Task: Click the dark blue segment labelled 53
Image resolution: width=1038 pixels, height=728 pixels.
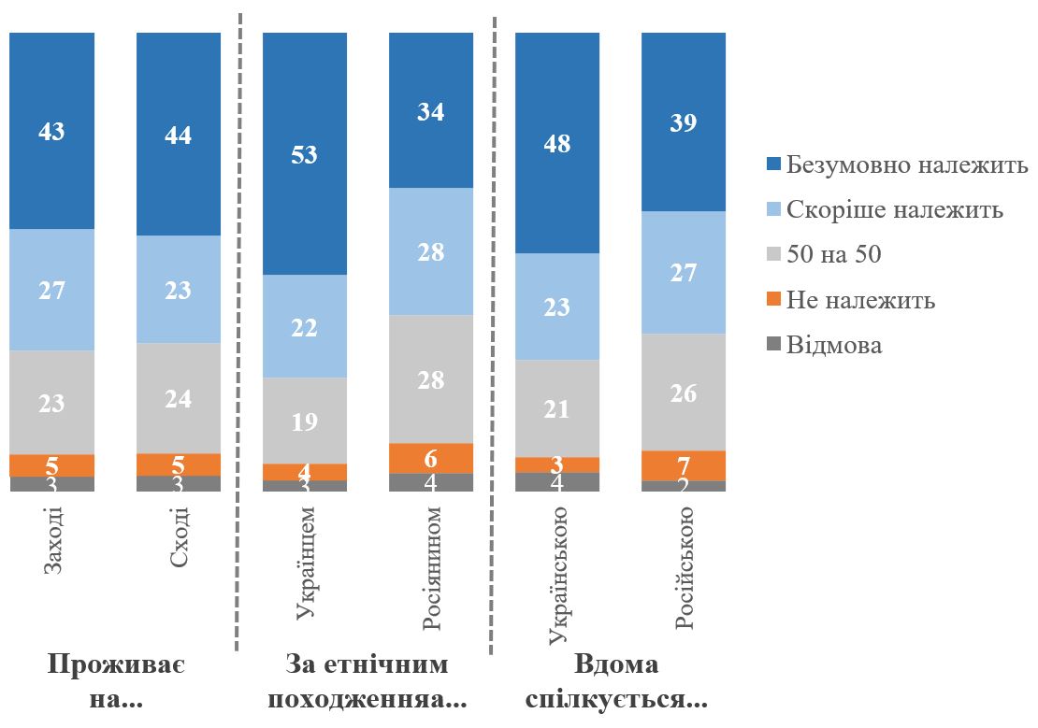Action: pyautogui.click(x=305, y=154)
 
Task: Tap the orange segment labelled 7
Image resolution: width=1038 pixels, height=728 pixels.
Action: pyautogui.click(x=684, y=465)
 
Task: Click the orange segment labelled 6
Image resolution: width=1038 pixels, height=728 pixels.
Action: pyautogui.click(x=431, y=458)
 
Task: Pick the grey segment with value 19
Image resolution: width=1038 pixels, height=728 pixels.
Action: pyautogui.click(x=305, y=421)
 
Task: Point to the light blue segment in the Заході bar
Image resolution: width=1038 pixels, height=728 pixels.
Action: pyautogui.click(x=52, y=290)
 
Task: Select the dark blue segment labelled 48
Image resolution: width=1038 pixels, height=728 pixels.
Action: pyautogui.click(x=557, y=143)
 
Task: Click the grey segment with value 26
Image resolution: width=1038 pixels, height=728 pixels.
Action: pyautogui.click(x=684, y=393)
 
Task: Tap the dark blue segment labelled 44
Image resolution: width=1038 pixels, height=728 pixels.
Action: pyautogui.click(x=179, y=135)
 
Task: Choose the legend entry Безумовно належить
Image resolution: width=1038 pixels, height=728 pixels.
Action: pyautogui.click(x=906, y=165)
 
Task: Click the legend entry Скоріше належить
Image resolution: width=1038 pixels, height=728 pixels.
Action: pyautogui.click(x=894, y=210)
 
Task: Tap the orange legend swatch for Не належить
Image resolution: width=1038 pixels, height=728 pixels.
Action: pyautogui.click(x=771, y=301)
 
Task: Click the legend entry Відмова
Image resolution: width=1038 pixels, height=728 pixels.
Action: pyautogui.click(x=833, y=345)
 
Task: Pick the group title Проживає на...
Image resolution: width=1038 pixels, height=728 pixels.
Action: pyautogui.click(x=116, y=682)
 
